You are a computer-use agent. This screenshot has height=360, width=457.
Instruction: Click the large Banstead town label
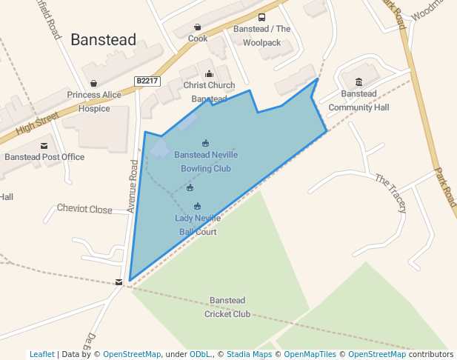pyautogui.click(x=103, y=40)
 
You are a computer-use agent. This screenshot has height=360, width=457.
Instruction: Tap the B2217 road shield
pyautogui.click(x=147, y=80)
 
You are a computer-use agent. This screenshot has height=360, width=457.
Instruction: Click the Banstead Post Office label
pyautogui.click(x=44, y=157)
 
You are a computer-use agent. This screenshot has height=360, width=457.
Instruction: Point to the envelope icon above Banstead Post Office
pyautogui.click(x=44, y=145)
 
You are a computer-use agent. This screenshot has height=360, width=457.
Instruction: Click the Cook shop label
pyautogui.click(x=198, y=39)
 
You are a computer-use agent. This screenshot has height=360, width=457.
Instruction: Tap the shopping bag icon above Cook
pyautogui.click(x=197, y=27)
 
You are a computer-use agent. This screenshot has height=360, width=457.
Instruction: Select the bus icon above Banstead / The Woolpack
pyautogui.click(x=261, y=18)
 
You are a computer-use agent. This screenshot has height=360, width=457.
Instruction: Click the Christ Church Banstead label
pyautogui.click(x=209, y=92)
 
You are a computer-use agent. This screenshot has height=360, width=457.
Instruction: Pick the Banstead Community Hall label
pyautogui.click(x=358, y=101)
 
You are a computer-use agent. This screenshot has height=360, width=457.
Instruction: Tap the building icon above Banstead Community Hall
pyautogui.click(x=358, y=81)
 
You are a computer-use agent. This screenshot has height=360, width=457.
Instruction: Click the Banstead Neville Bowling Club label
pyautogui.click(x=206, y=161)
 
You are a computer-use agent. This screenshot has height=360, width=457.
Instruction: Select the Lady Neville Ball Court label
pyautogui.click(x=197, y=224)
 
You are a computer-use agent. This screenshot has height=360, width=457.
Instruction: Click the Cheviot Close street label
pyautogui.click(x=84, y=210)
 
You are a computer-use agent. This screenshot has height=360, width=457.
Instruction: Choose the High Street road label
pyautogui.click(x=37, y=123)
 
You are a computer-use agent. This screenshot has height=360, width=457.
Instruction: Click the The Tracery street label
pyautogui.click(x=390, y=193)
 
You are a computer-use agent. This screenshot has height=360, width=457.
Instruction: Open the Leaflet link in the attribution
pyautogui.click(x=41, y=355)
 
